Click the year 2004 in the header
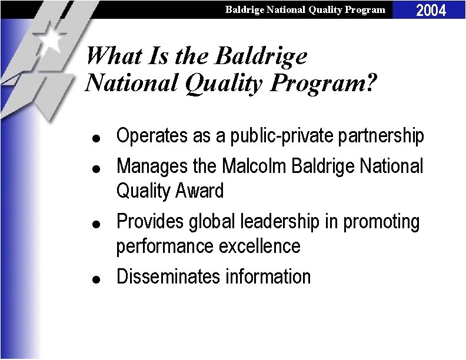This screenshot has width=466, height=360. (x=431, y=10)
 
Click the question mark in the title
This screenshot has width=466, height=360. (x=369, y=83)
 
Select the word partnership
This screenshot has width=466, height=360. (x=381, y=136)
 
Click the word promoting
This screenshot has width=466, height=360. (x=382, y=222)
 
